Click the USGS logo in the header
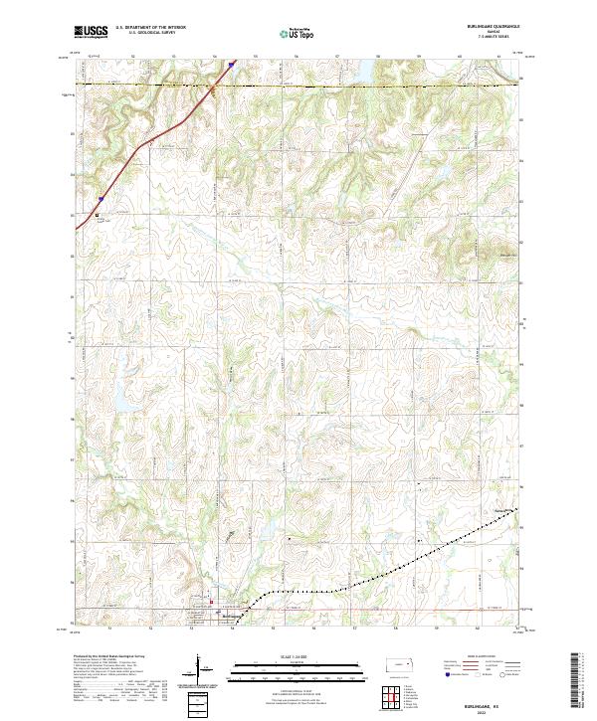(x=91, y=32)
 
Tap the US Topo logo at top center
(x=298, y=33)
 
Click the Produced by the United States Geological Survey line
(x=113, y=657)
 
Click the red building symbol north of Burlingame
(x=210, y=601)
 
